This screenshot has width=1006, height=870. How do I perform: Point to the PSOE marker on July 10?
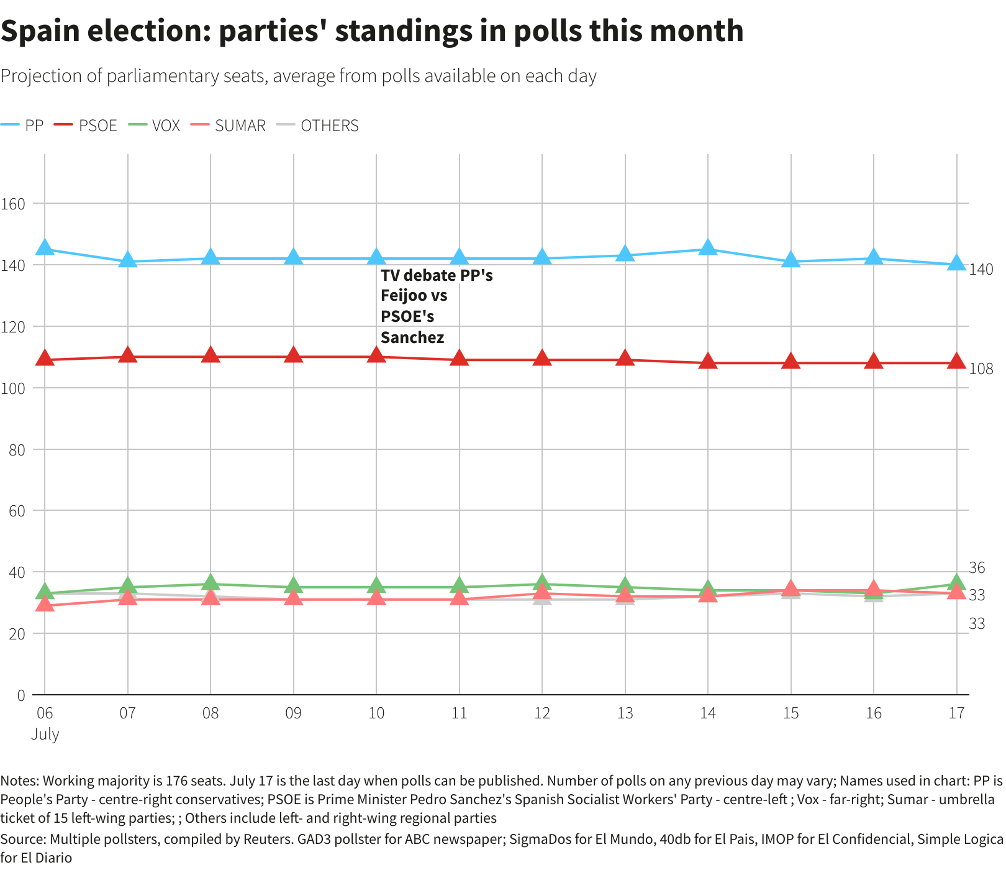[x=376, y=355]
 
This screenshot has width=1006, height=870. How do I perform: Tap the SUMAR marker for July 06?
[x=45, y=604]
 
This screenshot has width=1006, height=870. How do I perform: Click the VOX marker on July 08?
[x=211, y=583]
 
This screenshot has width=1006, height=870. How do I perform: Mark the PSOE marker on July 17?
[x=957, y=362]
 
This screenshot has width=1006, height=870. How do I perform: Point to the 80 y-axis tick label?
[x=17, y=449]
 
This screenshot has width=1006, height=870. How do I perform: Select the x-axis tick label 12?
[x=542, y=713]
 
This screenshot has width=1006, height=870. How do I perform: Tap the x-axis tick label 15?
[x=791, y=713]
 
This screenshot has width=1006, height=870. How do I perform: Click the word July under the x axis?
[x=45, y=734]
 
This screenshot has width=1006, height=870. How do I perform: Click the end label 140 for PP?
[x=981, y=269]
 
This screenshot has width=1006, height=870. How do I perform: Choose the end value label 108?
[x=981, y=369]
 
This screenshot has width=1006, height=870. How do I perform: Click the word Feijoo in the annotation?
[x=404, y=296]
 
